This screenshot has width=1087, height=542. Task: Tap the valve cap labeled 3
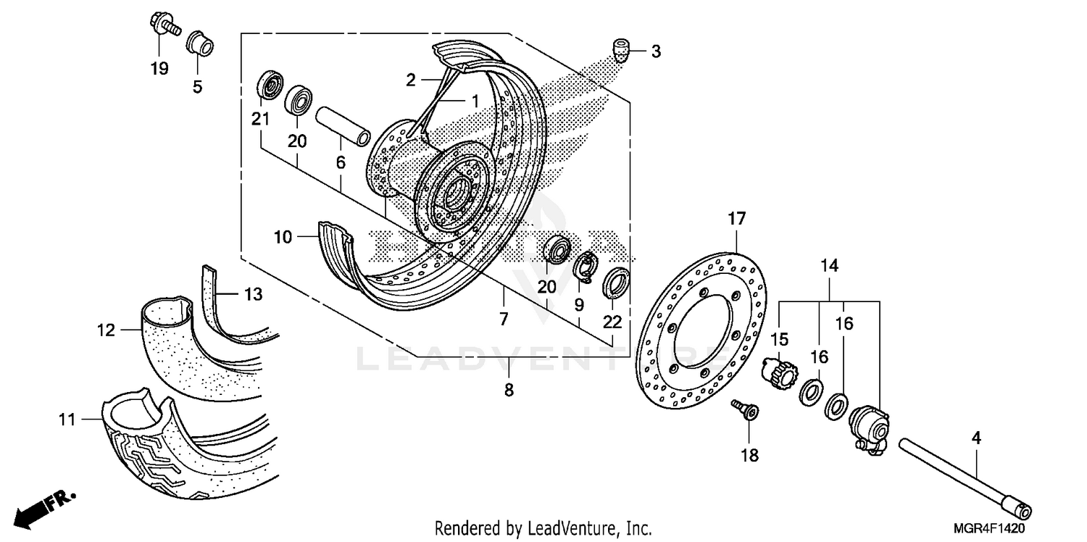click(620, 51)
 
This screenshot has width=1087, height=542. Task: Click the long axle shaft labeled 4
click(964, 475)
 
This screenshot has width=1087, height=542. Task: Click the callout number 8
click(509, 390)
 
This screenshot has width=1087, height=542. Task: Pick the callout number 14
click(829, 266)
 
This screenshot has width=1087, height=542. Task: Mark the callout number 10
click(282, 237)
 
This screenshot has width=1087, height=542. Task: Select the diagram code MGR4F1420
click(999, 530)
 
